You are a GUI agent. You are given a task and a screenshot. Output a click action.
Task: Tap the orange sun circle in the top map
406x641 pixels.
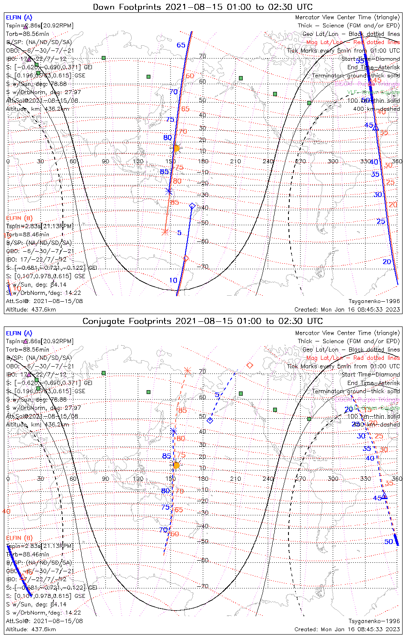click(x=176, y=148)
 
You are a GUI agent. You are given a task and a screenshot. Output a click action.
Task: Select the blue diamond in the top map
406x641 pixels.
click(x=192, y=206)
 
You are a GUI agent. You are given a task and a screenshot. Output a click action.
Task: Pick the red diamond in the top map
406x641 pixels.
click(x=185, y=258)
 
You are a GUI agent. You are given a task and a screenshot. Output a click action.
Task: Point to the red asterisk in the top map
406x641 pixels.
click(x=165, y=232)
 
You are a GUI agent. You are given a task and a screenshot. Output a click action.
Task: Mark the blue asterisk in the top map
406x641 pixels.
click(x=169, y=191)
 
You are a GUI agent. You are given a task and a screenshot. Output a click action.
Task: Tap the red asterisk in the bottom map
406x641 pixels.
click(x=187, y=370)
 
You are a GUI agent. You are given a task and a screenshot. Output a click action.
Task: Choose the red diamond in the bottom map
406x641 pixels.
click(x=250, y=365)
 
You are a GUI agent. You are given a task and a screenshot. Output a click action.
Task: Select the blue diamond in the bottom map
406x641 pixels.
click(x=210, y=420)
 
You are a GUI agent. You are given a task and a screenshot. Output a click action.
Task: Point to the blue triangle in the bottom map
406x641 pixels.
click(x=384, y=496)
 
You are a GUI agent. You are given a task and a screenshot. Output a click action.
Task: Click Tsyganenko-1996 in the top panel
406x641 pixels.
click(x=374, y=301)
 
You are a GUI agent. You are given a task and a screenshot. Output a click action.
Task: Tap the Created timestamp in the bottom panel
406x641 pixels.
click(x=347, y=629)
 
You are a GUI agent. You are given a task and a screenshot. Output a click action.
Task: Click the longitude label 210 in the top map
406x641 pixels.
click(x=235, y=162)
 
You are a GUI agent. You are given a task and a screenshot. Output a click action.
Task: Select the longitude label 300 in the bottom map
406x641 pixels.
click(x=332, y=479)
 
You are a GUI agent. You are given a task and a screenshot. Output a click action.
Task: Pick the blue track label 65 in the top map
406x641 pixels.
click(x=181, y=45)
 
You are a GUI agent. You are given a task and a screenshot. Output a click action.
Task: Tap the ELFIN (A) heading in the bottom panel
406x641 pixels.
click(x=19, y=333)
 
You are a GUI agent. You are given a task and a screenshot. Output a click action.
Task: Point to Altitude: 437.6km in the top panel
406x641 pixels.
click(x=31, y=309)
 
